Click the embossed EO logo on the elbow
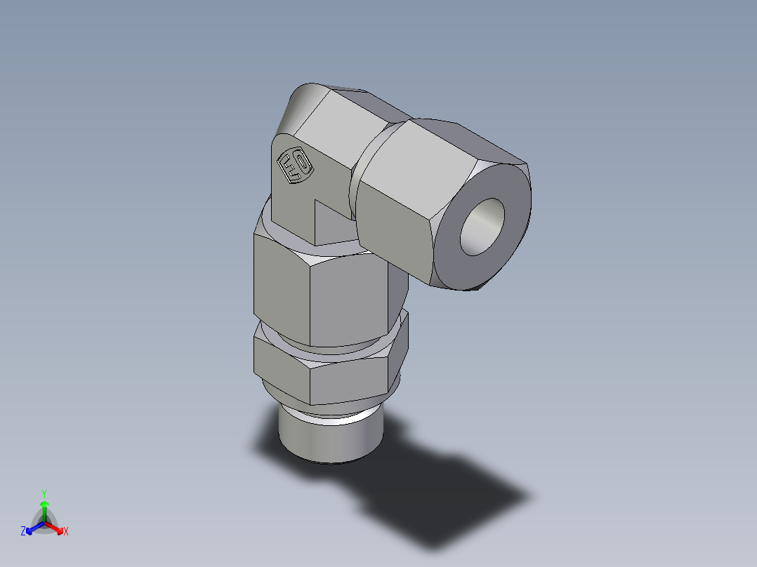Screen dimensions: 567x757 point(295,167)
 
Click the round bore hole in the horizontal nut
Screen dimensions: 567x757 point(482,226)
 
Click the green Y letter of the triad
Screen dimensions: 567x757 point(44,493)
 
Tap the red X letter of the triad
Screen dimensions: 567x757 point(66,532)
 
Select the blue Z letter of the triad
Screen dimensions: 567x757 point(23,532)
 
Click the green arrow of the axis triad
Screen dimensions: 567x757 point(44,508)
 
